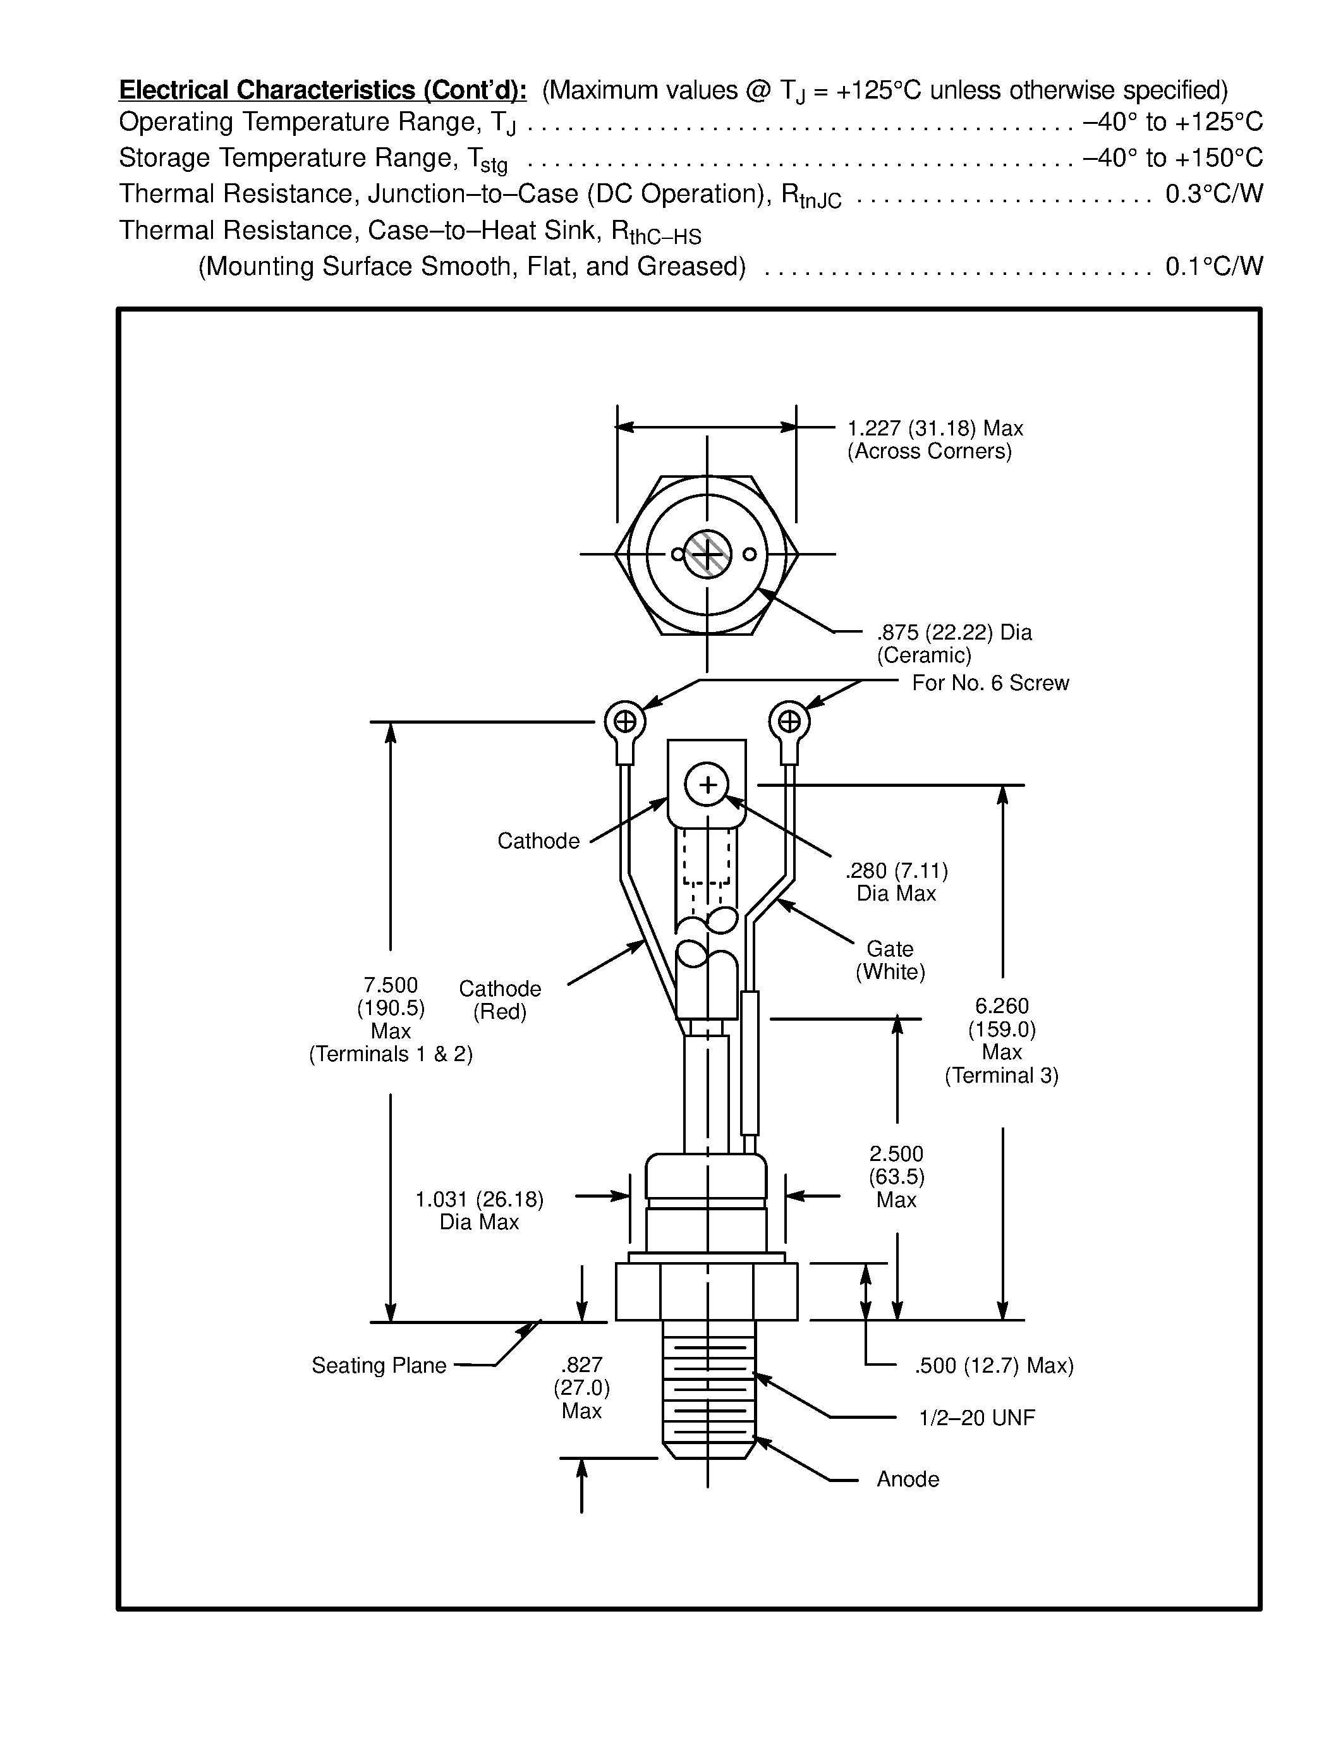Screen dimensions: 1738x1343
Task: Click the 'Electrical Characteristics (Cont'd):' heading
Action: (322, 90)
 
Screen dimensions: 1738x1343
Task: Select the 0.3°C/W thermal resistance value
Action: (1213, 193)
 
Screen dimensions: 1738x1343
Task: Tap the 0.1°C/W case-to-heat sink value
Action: (1213, 266)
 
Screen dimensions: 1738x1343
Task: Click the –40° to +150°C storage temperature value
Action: (1172, 157)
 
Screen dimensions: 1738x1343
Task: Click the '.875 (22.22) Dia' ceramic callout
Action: (954, 633)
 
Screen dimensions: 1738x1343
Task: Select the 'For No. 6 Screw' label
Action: (990, 683)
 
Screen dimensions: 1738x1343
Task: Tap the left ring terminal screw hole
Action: (625, 722)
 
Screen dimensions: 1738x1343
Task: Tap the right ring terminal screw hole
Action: (789, 722)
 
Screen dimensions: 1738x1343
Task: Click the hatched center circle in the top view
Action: (707, 554)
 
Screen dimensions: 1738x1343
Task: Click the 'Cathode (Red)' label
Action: (500, 1000)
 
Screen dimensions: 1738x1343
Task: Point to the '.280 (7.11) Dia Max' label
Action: (897, 882)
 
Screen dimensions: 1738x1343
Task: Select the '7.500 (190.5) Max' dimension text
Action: (391, 1008)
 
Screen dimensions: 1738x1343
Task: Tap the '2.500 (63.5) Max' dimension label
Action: (897, 1177)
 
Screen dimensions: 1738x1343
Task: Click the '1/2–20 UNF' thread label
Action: (976, 1418)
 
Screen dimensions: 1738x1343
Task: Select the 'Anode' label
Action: (908, 1480)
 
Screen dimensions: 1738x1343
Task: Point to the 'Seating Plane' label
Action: (379, 1366)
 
